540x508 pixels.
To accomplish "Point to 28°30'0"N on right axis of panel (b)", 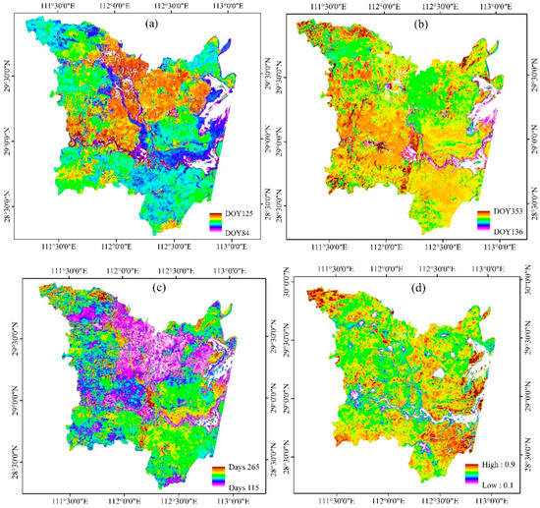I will coord(530,193).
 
